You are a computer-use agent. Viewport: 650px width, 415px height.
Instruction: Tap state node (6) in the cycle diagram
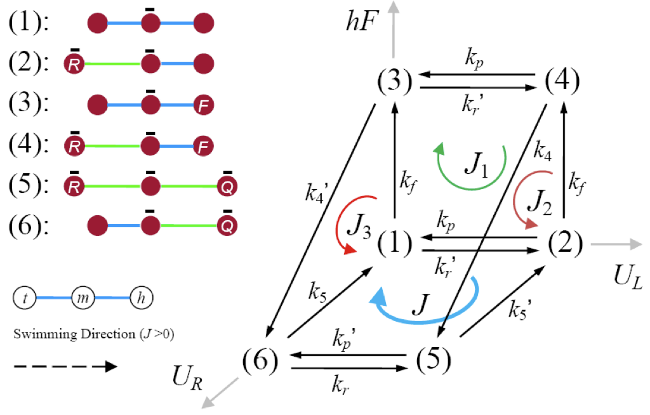click(x=261, y=362)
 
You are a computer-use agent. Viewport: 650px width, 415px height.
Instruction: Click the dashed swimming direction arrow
click(x=63, y=366)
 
